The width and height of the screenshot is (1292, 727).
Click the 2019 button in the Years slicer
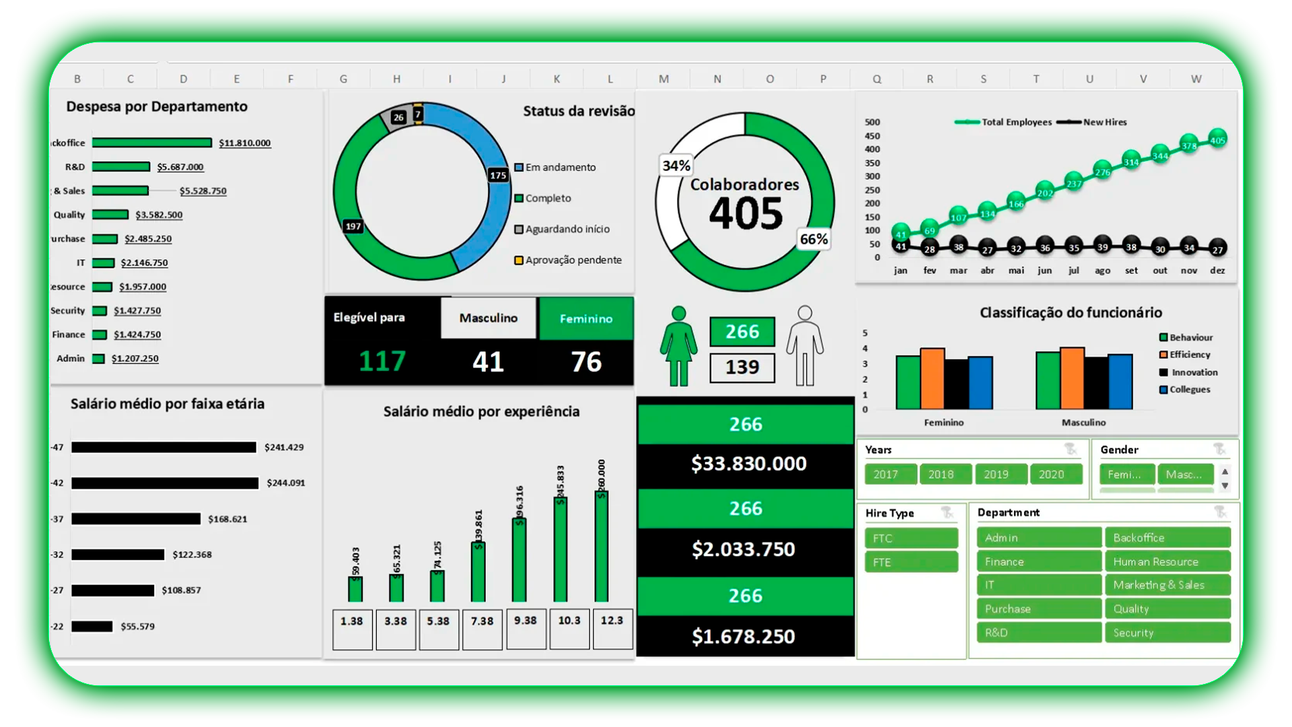click(996, 475)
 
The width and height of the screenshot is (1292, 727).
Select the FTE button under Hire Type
click(910, 562)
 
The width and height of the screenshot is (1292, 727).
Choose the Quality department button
click(1167, 609)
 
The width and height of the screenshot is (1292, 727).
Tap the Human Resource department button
click(1167, 561)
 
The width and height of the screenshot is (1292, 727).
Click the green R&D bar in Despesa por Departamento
click(121, 167)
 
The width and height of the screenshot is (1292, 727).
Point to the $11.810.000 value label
click(244, 143)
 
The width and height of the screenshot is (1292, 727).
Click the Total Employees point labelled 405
click(1217, 140)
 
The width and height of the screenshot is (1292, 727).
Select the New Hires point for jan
click(900, 246)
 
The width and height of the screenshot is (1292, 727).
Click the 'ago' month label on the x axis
click(1102, 271)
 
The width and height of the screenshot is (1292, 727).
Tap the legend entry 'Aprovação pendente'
click(573, 260)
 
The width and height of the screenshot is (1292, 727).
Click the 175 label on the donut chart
click(498, 175)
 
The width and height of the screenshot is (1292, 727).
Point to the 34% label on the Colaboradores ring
click(676, 166)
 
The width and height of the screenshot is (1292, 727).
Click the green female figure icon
click(678, 347)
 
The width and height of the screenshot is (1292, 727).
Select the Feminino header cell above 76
click(585, 318)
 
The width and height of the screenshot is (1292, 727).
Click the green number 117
click(382, 361)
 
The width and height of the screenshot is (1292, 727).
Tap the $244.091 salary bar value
click(285, 483)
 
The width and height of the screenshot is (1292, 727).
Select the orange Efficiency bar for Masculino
click(1072, 378)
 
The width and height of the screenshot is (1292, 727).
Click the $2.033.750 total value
click(744, 549)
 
